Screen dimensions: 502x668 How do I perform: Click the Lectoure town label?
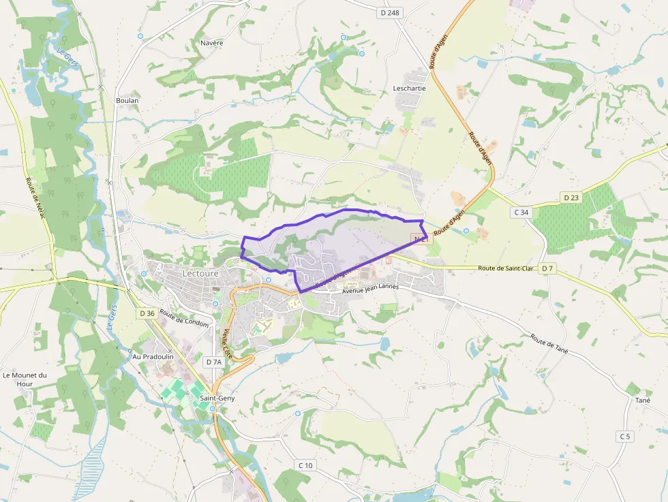tap(200, 272)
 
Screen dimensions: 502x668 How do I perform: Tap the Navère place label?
tap(212, 43)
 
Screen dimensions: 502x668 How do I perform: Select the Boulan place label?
tap(127, 101)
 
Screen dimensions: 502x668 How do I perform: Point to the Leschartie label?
tap(410, 89)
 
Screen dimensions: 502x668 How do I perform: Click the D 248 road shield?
tap(390, 12)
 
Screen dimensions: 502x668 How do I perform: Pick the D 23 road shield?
tap(571, 198)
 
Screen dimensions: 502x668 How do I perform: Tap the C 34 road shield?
tap(521, 213)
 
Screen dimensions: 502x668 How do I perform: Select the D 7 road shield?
tap(547, 269)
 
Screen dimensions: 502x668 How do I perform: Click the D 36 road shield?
tap(147, 313)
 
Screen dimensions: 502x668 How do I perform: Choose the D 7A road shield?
tap(214, 362)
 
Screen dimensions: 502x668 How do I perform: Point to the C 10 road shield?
tap(305, 465)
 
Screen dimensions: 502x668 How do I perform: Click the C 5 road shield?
tap(624, 436)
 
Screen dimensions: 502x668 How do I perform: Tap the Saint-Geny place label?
tap(217, 398)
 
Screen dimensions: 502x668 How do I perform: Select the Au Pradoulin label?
tap(153, 356)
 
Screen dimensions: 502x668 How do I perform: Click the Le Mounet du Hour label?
tap(25, 379)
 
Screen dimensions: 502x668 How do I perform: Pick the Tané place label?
tap(643, 401)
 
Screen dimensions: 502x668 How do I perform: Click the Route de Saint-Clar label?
tap(505, 268)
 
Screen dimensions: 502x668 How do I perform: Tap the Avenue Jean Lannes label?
tap(370, 288)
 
